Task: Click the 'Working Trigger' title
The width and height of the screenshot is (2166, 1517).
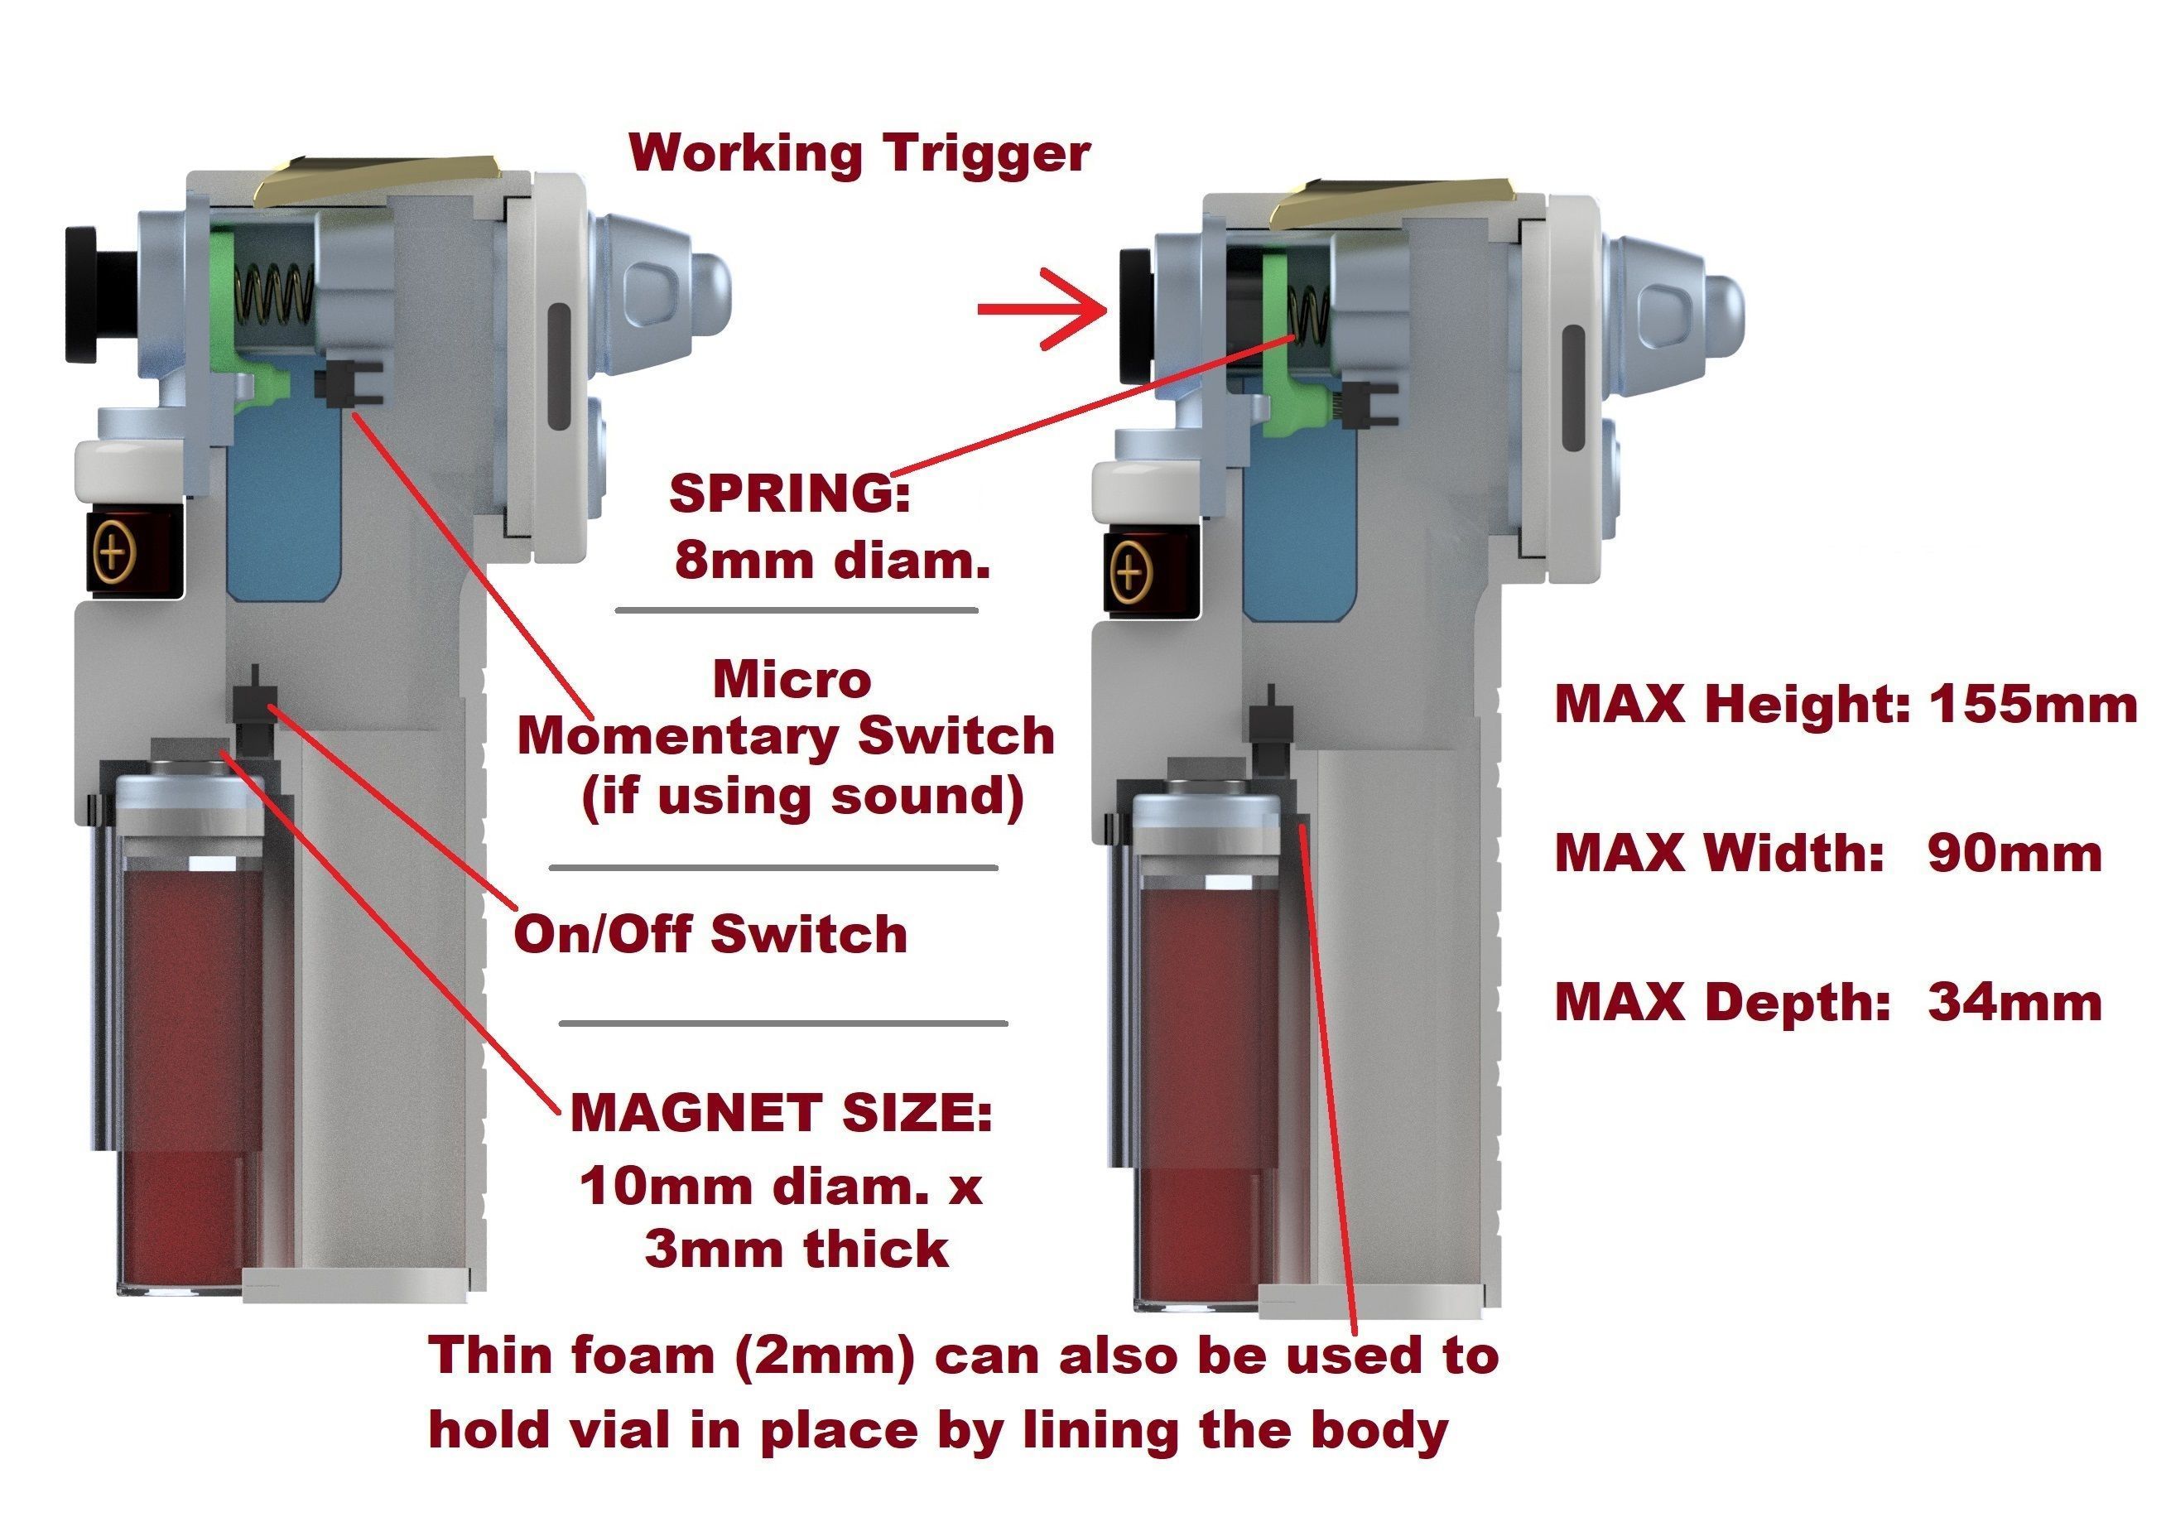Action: (859, 153)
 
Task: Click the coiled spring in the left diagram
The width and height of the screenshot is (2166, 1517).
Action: (273, 294)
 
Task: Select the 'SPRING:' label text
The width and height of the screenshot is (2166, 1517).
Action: (791, 494)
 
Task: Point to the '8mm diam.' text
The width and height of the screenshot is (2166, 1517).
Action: (832, 561)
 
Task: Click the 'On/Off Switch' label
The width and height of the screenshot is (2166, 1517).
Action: (710, 934)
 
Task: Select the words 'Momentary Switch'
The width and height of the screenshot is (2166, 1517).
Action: (786, 737)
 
